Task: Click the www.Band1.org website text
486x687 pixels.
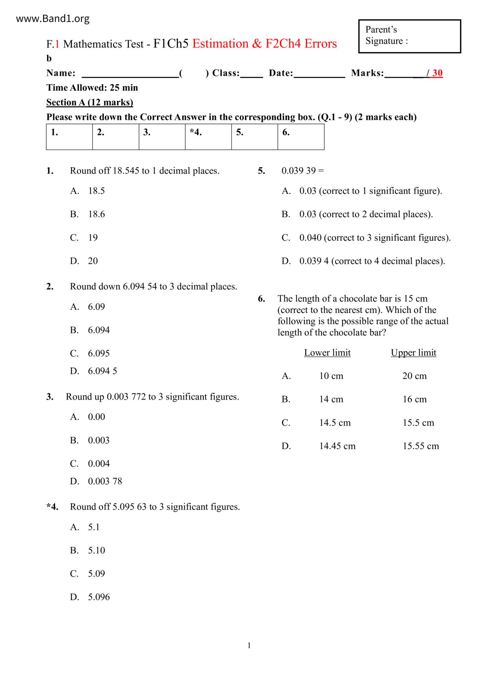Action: click(x=53, y=19)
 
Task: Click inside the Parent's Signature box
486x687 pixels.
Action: click(x=410, y=36)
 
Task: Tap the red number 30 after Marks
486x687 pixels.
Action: click(x=437, y=73)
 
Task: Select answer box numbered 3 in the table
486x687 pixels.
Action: click(x=162, y=137)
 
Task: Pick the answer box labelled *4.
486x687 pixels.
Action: click(x=208, y=137)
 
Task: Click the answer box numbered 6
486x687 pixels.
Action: click(x=301, y=137)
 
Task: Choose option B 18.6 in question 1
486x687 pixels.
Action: click(x=96, y=214)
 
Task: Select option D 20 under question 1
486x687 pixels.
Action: click(x=93, y=261)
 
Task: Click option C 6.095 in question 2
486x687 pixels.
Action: click(x=98, y=353)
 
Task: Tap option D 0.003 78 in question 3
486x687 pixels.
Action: click(x=105, y=481)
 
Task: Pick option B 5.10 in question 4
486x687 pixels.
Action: click(x=96, y=550)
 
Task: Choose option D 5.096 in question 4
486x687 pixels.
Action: click(x=99, y=597)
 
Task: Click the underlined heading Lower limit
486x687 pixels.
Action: click(x=327, y=353)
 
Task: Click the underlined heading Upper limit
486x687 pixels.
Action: click(x=413, y=353)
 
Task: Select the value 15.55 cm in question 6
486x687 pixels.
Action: click(x=421, y=446)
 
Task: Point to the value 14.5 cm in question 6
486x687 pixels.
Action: click(x=335, y=423)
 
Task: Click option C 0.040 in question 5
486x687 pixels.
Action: click(x=375, y=238)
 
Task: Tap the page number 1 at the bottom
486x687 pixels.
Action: click(x=249, y=645)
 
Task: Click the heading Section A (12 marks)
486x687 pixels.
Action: click(x=90, y=102)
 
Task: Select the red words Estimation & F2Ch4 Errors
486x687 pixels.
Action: click(x=265, y=43)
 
